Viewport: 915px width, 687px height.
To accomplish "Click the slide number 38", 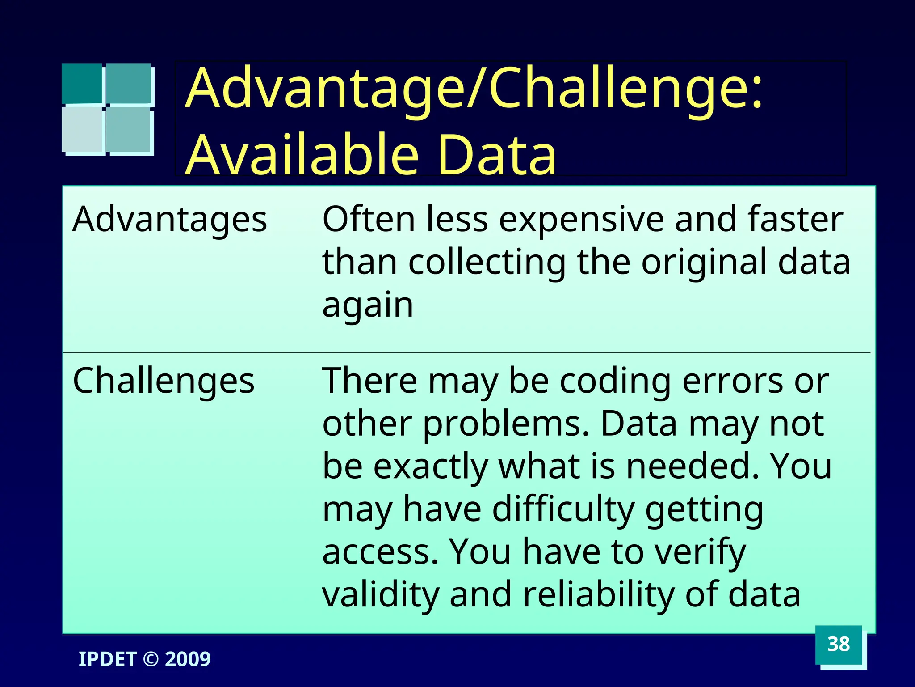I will pyautogui.click(x=838, y=644).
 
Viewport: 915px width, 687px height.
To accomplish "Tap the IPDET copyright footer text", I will pyautogui.click(x=144, y=659).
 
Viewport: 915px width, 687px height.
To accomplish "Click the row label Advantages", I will pyautogui.click(x=170, y=219).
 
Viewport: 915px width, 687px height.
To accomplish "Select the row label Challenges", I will pyautogui.click(x=164, y=381).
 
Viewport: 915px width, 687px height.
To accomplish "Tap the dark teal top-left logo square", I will pyautogui.click(x=81, y=83).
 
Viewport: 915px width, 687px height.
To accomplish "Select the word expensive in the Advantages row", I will pyautogui.click(x=581, y=220).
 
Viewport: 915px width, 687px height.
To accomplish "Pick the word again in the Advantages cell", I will pyautogui.click(x=368, y=306).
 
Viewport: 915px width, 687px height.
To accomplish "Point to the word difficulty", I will pyautogui.click(x=563, y=509).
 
